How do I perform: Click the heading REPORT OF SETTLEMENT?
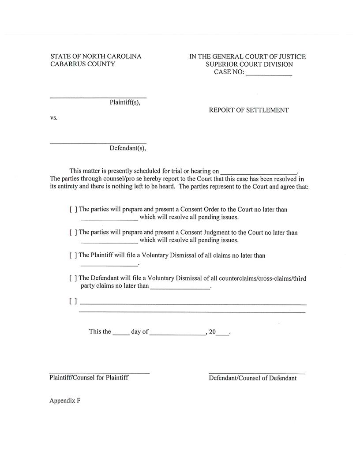point(249,110)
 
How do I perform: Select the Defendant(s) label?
point(127,148)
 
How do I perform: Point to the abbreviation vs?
point(54,118)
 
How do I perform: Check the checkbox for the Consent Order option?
point(73,210)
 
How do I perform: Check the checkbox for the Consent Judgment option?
point(73,233)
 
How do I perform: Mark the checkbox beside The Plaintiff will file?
point(73,256)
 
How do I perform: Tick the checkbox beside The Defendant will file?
point(73,278)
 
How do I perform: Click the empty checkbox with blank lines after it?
point(73,302)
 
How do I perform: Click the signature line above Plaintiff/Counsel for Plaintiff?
point(99,373)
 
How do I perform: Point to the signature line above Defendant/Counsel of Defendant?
point(257,373)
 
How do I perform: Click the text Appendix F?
point(65,401)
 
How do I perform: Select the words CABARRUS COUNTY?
point(82,64)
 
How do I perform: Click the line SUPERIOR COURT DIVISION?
point(249,64)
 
